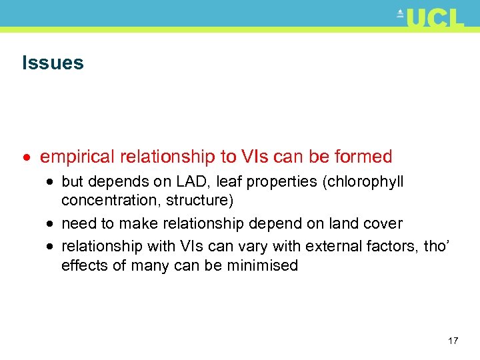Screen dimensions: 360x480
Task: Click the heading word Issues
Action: [x=53, y=63]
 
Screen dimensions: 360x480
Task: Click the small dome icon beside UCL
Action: [x=400, y=13]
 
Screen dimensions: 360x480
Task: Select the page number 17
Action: [x=453, y=341]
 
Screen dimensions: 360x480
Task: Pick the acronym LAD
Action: [x=195, y=181]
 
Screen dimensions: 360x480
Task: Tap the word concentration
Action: [x=111, y=200]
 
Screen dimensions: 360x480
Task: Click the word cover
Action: [x=381, y=223]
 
